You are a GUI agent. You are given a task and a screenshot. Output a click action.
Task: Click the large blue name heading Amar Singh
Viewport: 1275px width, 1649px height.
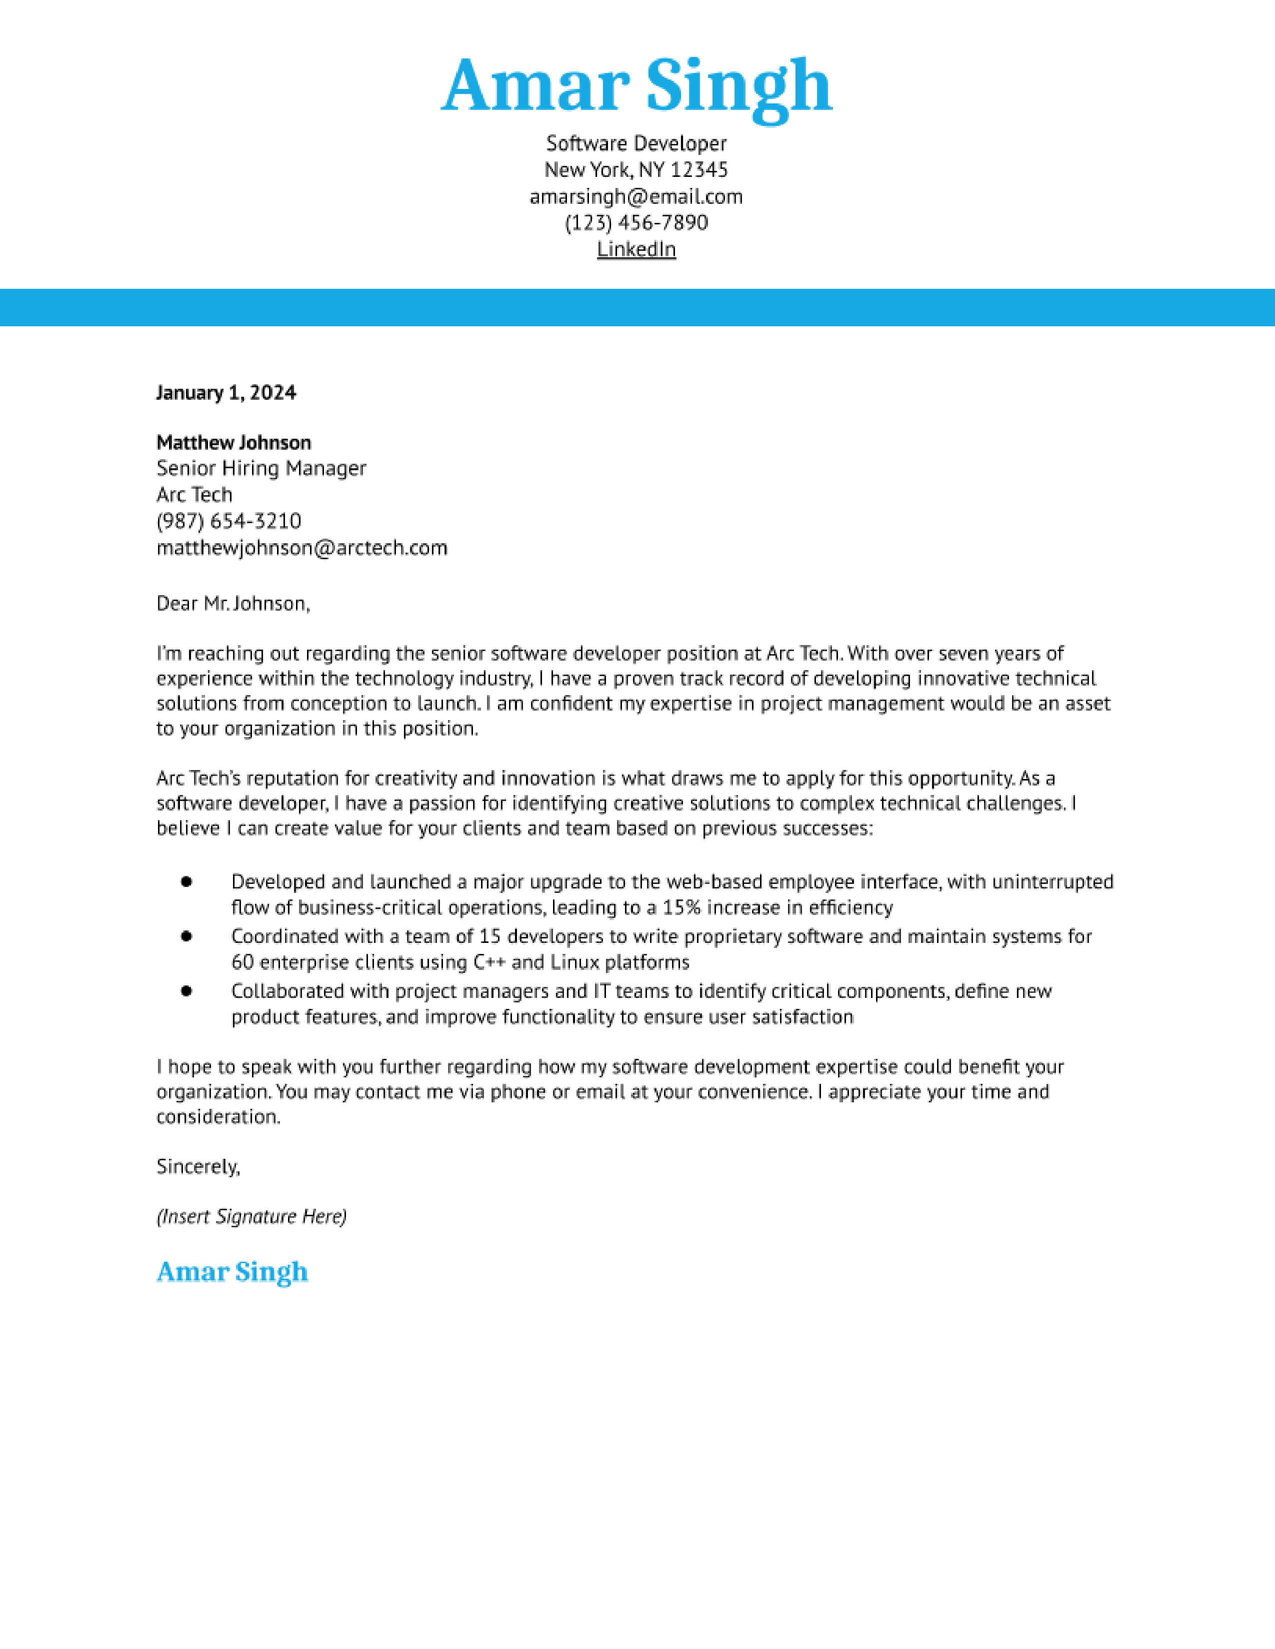coord(636,87)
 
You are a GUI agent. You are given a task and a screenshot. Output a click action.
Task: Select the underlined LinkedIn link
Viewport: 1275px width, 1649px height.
coord(636,249)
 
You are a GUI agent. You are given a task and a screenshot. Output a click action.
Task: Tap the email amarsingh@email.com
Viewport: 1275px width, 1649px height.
coord(636,196)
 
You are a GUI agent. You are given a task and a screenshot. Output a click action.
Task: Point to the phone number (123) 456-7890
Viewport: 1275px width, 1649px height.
coord(636,223)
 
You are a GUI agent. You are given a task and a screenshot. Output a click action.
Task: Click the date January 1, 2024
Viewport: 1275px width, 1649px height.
coord(226,393)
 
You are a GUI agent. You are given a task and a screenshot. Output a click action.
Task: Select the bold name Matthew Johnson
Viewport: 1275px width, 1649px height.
coord(233,442)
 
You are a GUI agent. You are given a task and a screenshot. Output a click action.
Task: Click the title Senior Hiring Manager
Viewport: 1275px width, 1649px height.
coord(260,468)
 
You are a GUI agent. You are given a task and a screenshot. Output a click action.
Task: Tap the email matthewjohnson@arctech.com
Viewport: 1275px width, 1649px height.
coord(301,547)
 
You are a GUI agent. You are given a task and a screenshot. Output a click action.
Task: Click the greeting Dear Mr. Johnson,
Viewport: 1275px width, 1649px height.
coord(232,603)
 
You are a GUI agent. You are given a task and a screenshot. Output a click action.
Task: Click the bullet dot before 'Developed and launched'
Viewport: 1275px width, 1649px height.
coord(186,881)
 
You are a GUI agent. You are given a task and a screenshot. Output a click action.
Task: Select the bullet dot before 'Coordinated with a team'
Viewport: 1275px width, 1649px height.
coord(186,936)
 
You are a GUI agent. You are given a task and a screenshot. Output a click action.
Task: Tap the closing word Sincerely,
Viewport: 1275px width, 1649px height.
coord(198,1166)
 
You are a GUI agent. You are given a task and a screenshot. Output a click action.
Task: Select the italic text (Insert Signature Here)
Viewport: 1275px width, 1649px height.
coord(251,1216)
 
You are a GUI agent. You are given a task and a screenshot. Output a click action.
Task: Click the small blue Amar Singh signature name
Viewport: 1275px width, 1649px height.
coord(232,1272)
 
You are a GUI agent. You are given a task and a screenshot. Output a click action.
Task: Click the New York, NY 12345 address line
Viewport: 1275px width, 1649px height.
coord(636,170)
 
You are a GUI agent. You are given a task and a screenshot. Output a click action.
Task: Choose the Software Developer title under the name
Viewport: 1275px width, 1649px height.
coord(636,143)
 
